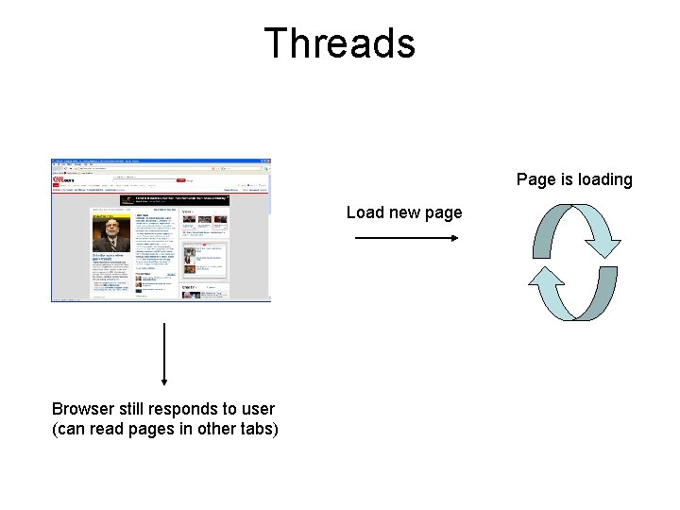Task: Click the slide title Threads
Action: click(x=339, y=43)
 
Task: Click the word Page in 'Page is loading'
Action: click(x=535, y=179)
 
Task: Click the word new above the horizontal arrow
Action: click(x=404, y=212)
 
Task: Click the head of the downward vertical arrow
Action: click(x=165, y=380)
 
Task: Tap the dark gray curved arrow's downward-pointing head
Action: click(x=603, y=246)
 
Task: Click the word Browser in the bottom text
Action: click(x=83, y=409)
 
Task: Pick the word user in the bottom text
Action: click(x=258, y=409)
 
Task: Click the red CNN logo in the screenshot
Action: click(x=63, y=177)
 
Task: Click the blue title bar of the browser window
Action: click(x=161, y=160)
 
